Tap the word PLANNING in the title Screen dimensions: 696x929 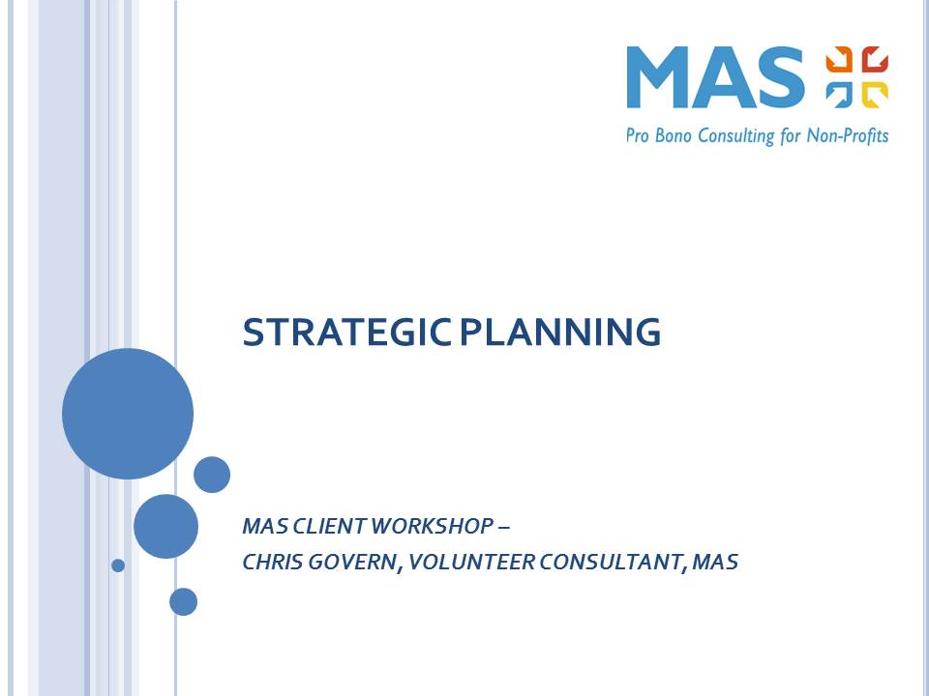click(560, 333)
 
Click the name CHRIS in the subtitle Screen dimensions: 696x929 click(272, 562)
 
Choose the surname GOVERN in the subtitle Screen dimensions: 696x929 click(352, 562)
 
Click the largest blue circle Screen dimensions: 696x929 click(128, 414)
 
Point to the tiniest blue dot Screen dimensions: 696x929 click(118, 565)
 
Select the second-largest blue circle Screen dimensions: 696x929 click(165, 526)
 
